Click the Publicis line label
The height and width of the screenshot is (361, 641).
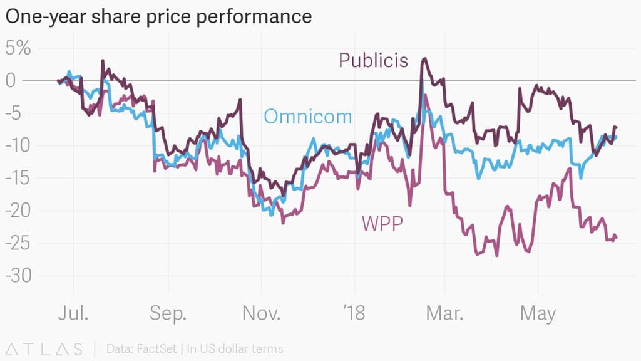point(373,60)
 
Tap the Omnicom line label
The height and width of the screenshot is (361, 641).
point(307,116)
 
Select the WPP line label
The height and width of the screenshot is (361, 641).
point(382,222)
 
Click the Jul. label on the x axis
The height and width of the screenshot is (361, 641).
point(73,313)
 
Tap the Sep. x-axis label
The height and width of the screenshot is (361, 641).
point(168,313)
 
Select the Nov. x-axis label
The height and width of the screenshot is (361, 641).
point(261,313)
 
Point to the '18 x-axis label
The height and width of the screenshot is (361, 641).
point(354,313)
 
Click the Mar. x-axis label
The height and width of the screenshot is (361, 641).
point(444,313)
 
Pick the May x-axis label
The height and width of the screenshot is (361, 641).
point(538,313)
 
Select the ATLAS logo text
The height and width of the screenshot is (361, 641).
point(44,348)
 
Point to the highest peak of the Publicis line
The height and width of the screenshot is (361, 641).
point(424,58)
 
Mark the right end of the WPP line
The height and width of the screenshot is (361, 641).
point(617,237)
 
